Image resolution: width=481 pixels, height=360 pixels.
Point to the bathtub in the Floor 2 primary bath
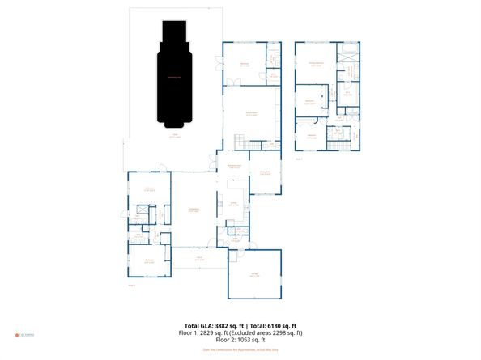(351, 53)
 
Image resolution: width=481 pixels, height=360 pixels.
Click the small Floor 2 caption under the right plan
(299, 159)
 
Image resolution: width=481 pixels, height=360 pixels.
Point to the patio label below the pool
(175, 137)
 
